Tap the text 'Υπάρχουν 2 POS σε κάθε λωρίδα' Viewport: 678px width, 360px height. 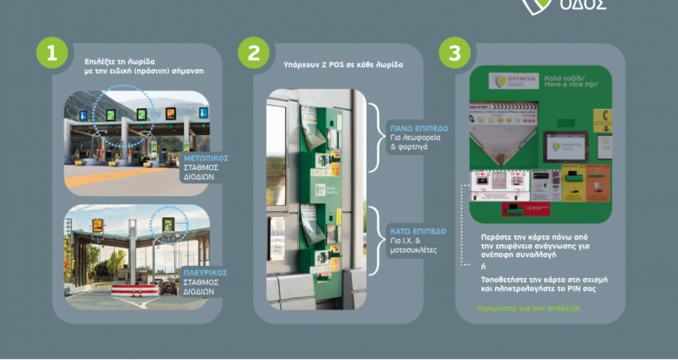tap(344, 65)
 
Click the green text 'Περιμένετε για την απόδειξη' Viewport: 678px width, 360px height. tap(529, 308)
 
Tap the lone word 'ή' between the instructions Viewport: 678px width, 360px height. tap(482, 266)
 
